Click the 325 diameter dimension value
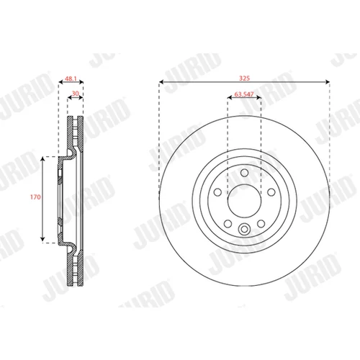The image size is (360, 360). (x=244, y=78)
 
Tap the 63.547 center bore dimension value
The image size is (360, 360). (x=244, y=94)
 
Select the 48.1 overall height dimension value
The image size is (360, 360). (x=71, y=78)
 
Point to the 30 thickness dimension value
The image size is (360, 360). (x=76, y=94)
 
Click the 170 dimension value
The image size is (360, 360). (x=35, y=197)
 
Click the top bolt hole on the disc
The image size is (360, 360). (x=244, y=173)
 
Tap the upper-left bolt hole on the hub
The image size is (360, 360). (x=217, y=192)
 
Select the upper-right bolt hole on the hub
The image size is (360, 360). (x=271, y=192)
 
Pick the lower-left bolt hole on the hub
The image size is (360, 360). (x=228, y=224)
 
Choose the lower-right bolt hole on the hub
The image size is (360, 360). (x=261, y=224)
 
